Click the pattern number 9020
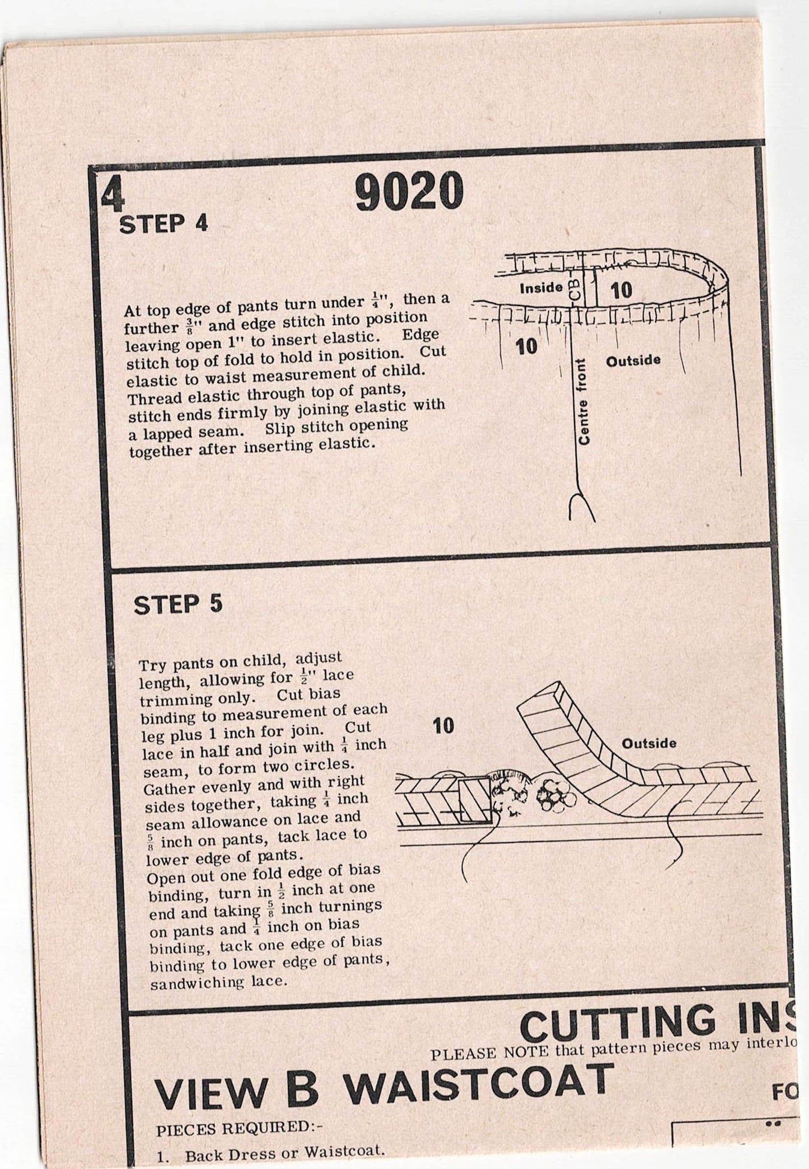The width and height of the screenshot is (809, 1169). tap(409, 193)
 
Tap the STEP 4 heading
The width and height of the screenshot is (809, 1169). tap(163, 224)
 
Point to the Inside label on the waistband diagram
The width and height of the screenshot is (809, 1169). tap(541, 288)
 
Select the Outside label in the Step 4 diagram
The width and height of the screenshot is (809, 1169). tap(633, 360)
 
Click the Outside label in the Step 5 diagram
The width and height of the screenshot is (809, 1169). tap(649, 744)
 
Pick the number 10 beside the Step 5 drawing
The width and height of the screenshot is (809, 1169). tap(443, 726)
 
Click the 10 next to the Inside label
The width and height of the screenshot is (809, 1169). tap(621, 290)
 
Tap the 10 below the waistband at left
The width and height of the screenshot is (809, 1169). tap(526, 346)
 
